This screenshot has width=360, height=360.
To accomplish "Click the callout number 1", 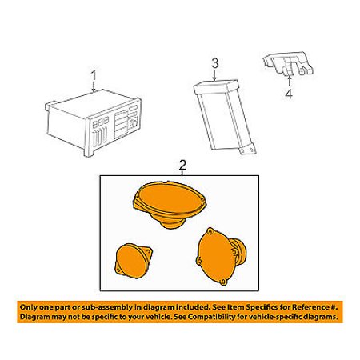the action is (x=94, y=76).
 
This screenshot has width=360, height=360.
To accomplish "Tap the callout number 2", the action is (x=182, y=166).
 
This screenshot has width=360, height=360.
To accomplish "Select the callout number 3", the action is (x=215, y=63).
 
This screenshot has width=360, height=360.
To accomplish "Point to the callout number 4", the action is (x=289, y=94).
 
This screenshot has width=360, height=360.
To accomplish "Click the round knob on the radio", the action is (x=134, y=123).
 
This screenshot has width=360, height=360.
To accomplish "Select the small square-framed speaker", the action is (x=133, y=261).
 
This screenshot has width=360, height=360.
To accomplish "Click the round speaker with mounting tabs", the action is (x=221, y=257).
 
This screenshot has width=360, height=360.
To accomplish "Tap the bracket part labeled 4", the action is (x=288, y=65).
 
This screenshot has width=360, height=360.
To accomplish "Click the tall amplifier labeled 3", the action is (x=224, y=117).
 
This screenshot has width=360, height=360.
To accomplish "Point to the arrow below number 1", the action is (x=94, y=86).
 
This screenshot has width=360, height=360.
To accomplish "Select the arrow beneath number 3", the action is (x=215, y=74).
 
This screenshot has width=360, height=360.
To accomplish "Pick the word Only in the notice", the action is (x=29, y=307).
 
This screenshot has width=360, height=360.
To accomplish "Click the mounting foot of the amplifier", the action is (x=247, y=150).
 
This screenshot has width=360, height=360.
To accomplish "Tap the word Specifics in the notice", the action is (x=262, y=308).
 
